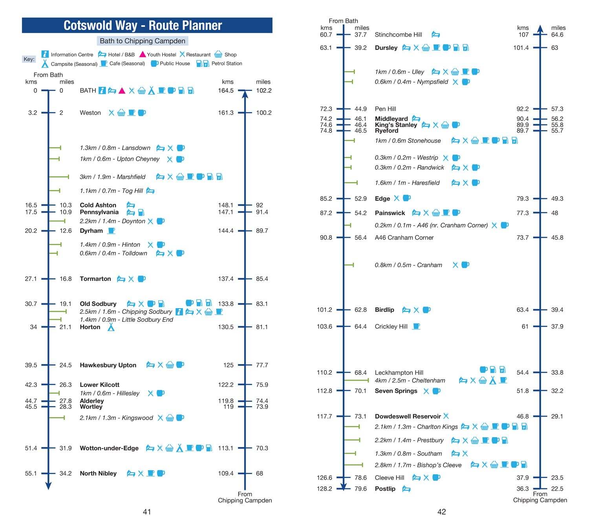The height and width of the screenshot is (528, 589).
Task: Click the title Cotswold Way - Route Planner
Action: click(x=143, y=26)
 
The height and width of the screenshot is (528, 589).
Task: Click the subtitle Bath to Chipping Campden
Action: click(x=142, y=41)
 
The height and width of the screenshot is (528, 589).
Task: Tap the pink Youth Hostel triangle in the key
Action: click(x=142, y=54)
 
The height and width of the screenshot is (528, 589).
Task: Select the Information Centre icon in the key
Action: click(x=45, y=54)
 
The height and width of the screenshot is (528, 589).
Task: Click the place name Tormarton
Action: click(x=95, y=279)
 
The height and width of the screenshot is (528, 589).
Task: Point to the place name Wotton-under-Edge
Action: click(x=109, y=448)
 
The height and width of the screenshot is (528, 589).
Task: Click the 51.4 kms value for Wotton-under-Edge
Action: click(x=31, y=448)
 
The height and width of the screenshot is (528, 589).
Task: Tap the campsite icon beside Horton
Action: click(x=111, y=327)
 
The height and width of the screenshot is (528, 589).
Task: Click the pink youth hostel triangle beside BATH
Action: click(x=122, y=90)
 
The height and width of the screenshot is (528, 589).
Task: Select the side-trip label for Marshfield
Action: click(x=112, y=177)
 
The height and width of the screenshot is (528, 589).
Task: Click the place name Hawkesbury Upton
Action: click(x=108, y=365)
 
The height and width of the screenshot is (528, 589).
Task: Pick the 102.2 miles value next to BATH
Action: click(x=263, y=90)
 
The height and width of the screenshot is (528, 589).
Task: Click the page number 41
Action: click(x=147, y=511)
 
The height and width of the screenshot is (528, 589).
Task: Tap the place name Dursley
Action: click(x=386, y=48)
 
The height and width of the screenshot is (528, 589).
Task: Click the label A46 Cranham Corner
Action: click(x=404, y=237)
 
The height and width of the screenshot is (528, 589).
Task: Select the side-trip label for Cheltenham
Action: click(x=410, y=381)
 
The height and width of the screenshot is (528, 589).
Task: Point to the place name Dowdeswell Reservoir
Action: click(x=408, y=416)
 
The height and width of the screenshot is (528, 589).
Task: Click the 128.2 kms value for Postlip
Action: click(x=324, y=489)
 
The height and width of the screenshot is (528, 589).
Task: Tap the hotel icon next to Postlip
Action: click(x=406, y=489)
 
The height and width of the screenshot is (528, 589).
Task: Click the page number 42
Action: click(x=441, y=511)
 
